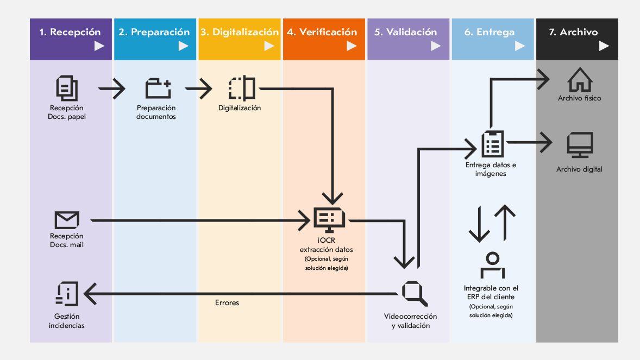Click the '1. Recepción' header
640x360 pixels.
pos(71,32)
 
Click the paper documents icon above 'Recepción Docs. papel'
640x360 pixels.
pos(67,89)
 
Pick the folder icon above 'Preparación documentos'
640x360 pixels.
pos(158,89)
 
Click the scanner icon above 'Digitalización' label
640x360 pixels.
pos(242,88)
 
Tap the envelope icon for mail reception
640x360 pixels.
pos(67,220)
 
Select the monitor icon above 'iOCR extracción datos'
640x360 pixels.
pos(329,220)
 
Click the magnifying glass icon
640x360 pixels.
pos(415,293)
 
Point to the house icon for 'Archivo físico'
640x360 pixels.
pos(580,80)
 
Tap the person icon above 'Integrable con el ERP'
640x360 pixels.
pos(492,266)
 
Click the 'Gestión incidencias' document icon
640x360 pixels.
pos(67,294)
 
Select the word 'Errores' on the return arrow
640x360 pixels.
pos(227,302)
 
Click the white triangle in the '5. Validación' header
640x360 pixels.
pos(436,46)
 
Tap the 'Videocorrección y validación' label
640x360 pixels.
pos(410,321)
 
